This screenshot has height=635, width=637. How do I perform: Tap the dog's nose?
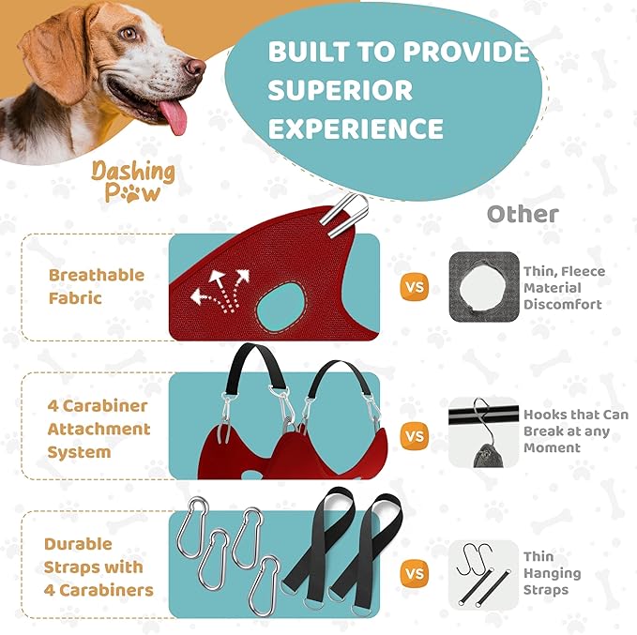[x=195, y=67]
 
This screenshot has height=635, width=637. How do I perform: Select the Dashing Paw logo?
[x=132, y=181]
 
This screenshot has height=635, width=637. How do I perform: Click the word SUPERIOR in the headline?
[x=341, y=90]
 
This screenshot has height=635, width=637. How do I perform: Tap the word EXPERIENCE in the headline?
[x=356, y=128]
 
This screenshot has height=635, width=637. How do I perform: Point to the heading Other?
[x=523, y=214]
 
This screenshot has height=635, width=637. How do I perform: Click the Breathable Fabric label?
[x=96, y=286]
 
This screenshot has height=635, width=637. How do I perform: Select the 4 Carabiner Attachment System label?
[x=99, y=429]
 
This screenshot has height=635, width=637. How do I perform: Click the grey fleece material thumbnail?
[x=484, y=287]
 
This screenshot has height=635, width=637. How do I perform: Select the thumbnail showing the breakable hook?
[x=484, y=432]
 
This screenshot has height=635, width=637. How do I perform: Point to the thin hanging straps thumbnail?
[x=484, y=573]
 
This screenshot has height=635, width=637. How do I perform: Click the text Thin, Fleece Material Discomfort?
[x=563, y=287]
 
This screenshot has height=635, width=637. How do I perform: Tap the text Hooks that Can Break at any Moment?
[x=575, y=431]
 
